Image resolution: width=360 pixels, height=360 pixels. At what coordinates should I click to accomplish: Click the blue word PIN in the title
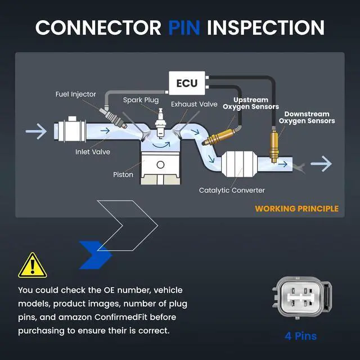pyautogui.click(x=184, y=28)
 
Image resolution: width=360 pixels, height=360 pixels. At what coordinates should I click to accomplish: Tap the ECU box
pyautogui.click(x=187, y=83)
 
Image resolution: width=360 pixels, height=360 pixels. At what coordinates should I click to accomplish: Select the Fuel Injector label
pyautogui.click(x=76, y=94)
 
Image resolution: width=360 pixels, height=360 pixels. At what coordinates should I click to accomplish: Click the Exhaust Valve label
pyautogui.click(x=194, y=104)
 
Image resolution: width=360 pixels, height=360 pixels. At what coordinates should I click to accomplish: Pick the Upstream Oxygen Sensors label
pyautogui.click(x=251, y=103)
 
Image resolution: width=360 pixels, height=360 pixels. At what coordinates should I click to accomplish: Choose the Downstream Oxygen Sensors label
pyautogui.click(x=307, y=118)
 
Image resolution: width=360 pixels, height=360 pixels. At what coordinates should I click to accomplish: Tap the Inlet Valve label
pyautogui.click(x=93, y=152)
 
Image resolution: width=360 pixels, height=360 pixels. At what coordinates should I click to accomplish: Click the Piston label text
pyautogui.click(x=123, y=174)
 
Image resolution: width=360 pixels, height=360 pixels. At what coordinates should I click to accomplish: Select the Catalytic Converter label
pyautogui.click(x=232, y=190)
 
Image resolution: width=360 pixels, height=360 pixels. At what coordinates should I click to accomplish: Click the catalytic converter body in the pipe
pyautogui.click(x=239, y=164)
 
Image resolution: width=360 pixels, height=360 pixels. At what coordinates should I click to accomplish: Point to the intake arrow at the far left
pyautogui.click(x=36, y=131)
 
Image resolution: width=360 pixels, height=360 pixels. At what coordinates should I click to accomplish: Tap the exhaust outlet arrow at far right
pyautogui.click(x=321, y=164)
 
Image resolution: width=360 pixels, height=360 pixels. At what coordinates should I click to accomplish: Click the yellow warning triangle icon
pyautogui.click(x=33, y=265)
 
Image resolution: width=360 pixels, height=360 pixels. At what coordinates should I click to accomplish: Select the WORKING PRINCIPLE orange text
pyautogui.click(x=296, y=209)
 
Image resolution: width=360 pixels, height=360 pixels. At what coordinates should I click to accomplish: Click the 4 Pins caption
pyautogui.click(x=301, y=336)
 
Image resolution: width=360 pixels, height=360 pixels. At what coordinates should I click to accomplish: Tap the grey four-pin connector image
pyautogui.click(x=302, y=298)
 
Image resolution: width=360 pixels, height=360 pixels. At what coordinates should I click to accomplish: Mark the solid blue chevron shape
pyautogui.click(x=96, y=255)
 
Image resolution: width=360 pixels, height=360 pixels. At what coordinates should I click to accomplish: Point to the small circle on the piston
pyautogui.click(x=160, y=164)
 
